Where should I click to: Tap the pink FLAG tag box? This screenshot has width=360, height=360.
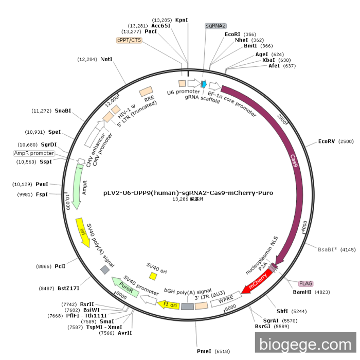coord(305,283)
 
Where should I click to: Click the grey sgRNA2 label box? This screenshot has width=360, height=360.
coord(215,26)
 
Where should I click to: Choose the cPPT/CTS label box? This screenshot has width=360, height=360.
coord(129,40)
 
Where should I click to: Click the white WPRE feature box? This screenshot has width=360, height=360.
coord(225,299)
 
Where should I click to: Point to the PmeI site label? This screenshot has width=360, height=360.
coord(204,351)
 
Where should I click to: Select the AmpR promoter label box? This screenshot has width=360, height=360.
coord(34,153)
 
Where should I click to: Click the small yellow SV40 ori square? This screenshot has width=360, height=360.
coord(153,276)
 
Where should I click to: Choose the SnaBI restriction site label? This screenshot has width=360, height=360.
coord(63,111)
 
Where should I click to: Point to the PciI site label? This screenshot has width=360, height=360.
coord(60,266)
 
